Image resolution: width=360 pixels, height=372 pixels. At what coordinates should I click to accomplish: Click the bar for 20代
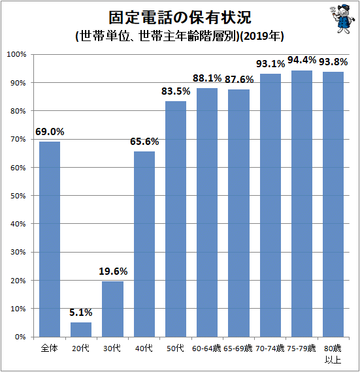tap(81, 330)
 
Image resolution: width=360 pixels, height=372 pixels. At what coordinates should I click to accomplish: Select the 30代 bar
tap(112, 309)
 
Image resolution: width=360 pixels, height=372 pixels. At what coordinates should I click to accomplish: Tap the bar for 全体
tap(50, 239)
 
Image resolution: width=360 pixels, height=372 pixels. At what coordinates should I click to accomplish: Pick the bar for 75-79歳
tap(302, 204)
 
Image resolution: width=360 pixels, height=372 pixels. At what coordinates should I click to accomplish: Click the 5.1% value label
tap(81, 313)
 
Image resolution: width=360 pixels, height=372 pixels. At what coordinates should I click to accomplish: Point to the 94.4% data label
tap(302, 60)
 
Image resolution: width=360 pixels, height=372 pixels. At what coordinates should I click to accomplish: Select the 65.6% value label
tap(144, 142)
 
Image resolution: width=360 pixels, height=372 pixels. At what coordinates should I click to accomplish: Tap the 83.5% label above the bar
tap(176, 91)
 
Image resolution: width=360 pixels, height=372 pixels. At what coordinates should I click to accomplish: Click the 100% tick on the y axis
tap(16, 54)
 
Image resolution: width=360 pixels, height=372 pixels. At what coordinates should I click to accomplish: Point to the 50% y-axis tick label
tap(18, 196)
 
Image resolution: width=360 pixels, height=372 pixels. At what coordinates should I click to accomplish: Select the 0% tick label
tap(20, 337)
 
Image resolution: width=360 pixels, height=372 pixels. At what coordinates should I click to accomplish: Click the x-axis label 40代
tap(144, 349)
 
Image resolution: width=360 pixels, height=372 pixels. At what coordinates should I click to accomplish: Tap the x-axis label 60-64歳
tap(206, 349)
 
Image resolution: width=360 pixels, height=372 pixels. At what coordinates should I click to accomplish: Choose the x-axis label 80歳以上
tap(333, 354)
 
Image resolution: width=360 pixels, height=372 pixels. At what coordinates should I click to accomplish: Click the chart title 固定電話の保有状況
tap(180, 18)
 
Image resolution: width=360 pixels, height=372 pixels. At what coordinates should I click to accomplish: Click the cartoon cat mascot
tap(342, 19)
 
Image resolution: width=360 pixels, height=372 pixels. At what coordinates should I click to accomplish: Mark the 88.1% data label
tap(207, 78)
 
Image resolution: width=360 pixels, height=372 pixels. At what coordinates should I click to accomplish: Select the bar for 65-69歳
tap(238, 213)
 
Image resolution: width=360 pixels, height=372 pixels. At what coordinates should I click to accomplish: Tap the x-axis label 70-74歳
tap(270, 349)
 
